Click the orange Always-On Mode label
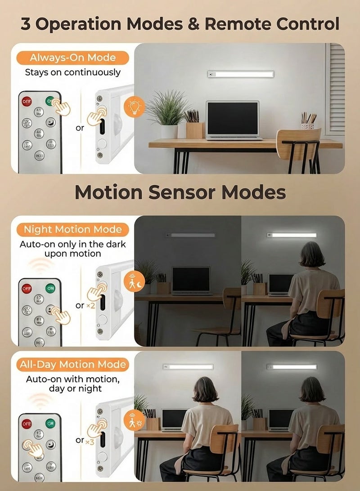click(72, 58)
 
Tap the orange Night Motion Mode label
click(72, 229)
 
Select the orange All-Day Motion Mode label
click(72, 364)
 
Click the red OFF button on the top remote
click(27, 101)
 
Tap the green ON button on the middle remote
click(50, 288)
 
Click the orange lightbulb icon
click(134, 107)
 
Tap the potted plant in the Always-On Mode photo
click(167, 113)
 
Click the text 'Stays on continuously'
click(72, 72)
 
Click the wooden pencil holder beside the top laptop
click(194, 129)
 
